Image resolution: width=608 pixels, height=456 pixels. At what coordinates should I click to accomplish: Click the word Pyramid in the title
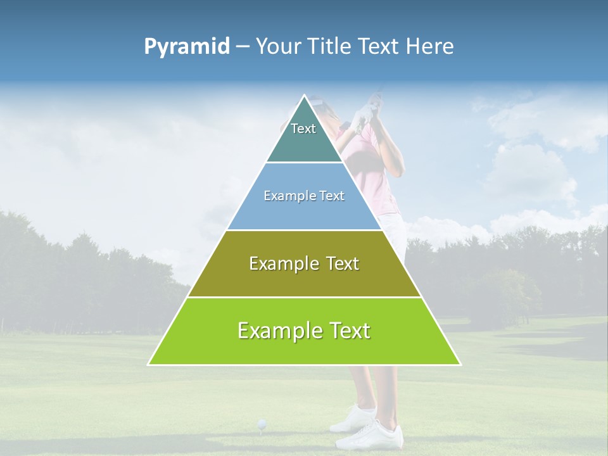186,47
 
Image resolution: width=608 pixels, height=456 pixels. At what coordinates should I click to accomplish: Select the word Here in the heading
431,47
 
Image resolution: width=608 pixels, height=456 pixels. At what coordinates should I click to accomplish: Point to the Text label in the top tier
303,129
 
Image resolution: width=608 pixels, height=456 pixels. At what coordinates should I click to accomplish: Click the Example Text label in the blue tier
304,196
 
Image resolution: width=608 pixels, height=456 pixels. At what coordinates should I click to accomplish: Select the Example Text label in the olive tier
304,263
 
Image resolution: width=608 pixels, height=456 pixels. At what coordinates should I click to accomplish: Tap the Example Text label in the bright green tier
304,331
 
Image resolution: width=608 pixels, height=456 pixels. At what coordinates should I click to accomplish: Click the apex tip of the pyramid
305,96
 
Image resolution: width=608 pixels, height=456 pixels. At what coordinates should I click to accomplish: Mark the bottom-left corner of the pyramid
149,364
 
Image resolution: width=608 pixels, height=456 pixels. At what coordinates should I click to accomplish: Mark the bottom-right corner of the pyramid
460,364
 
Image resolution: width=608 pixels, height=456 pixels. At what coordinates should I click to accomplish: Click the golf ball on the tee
261,422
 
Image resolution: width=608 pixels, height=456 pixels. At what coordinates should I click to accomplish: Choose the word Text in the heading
380,47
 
